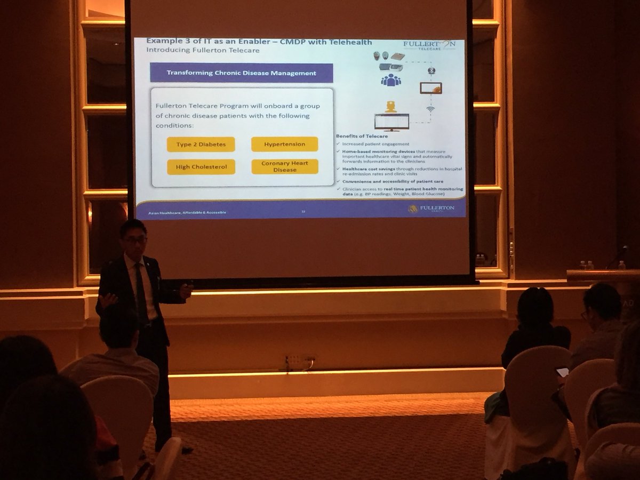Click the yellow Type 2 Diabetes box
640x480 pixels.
click(x=197, y=145)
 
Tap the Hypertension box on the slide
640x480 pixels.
click(x=284, y=145)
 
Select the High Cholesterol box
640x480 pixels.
click(x=197, y=167)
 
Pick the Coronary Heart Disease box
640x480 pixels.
click(x=284, y=166)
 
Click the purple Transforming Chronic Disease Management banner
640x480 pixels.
click(x=241, y=73)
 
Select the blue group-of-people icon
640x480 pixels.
click(x=390, y=80)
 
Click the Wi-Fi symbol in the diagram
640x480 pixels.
click(x=430, y=109)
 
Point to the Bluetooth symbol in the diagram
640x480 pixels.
click(x=432, y=70)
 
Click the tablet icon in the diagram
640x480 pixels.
click(x=430, y=89)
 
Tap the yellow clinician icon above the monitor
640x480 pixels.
click(x=391, y=107)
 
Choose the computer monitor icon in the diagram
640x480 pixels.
click(x=391, y=122)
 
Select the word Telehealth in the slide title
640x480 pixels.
click(x=346, y=42)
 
